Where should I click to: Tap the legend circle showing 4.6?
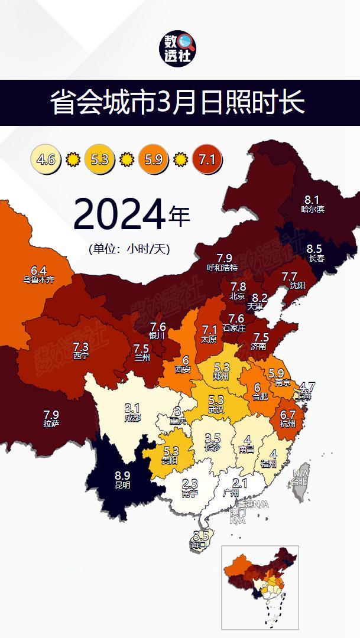[x=46, y=159]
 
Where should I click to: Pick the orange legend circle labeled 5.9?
[x=154, y=159]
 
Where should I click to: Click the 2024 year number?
[x=119, y=215]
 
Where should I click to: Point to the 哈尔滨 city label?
[x=312, y=209]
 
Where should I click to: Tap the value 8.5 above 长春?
[x=314, y=249]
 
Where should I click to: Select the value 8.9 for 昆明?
[x=123, y=474]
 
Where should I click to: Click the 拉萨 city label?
[x=51, y=424]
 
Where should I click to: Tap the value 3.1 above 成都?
[x=132, y=408]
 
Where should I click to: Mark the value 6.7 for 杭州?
[x=287, y=415]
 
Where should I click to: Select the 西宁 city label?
[x=81, y=356]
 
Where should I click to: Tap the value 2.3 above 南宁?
[x=190, y=484]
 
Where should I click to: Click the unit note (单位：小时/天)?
[x=125, y=249]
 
